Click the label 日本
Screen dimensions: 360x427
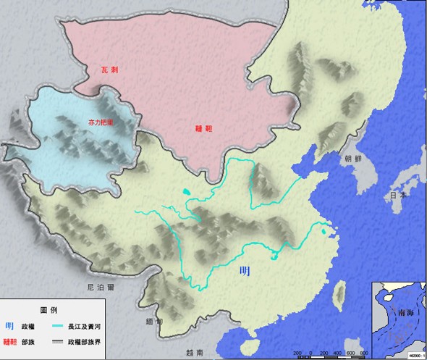click(398, 196)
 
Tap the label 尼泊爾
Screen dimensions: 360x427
click(98, 287)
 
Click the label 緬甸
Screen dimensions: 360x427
click(153, 322)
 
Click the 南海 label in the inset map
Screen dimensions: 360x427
click(398, 314)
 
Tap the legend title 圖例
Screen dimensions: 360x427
click(50, 310)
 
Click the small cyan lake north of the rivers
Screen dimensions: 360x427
click(187, 192)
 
